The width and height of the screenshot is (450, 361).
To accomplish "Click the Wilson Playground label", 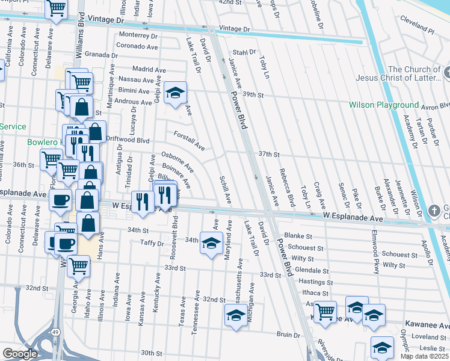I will click(384, 105).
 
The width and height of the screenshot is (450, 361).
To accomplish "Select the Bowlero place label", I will click(42, 143).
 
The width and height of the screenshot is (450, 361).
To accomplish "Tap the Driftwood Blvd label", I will click(127, 140).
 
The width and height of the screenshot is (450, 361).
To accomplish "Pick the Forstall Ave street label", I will click(190, 141).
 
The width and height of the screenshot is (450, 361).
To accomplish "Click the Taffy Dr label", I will click(152, 244).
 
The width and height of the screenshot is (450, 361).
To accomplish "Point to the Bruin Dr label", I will click(288, 334).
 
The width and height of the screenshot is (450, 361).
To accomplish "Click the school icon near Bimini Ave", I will click(175, 92).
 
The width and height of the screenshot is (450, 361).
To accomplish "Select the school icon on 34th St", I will click(211, 243).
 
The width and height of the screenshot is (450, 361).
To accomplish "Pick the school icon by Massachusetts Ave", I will click(236, 314).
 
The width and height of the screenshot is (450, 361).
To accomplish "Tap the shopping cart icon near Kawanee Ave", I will click(325, 311).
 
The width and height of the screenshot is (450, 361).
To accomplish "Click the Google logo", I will click(20, 354).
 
